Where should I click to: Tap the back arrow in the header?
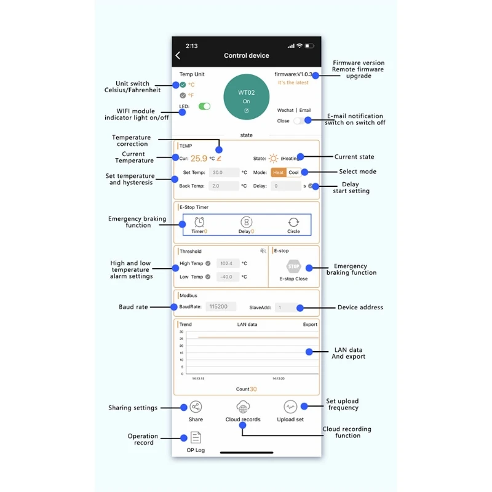[178, 55]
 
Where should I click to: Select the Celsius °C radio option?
[183, 85]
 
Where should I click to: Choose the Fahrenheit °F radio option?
[183, 95]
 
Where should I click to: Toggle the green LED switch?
[205, 106]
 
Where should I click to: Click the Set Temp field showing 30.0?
[224, 173]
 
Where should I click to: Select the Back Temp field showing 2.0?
[224, 186]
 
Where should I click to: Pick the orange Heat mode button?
[279, 173]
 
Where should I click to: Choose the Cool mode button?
[294, 173]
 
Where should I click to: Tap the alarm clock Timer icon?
[199, 222]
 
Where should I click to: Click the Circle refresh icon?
[293, 222]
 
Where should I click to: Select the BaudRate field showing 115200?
[220, 306]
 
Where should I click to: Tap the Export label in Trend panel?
[310, 324]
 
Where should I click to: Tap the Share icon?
[196, 407]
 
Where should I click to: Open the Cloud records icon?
[243, 407]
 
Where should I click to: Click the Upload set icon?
[290, 407]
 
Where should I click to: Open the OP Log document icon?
[196, 437]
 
